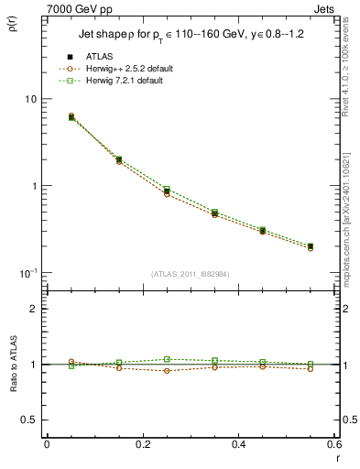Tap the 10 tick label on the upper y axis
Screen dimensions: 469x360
(x=31, y=99)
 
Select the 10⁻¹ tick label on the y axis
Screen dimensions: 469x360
(x=29, y=274)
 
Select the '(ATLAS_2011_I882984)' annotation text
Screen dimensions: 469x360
(x=191, y=274)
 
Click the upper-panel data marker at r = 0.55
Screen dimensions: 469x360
(x=311, y=246)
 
